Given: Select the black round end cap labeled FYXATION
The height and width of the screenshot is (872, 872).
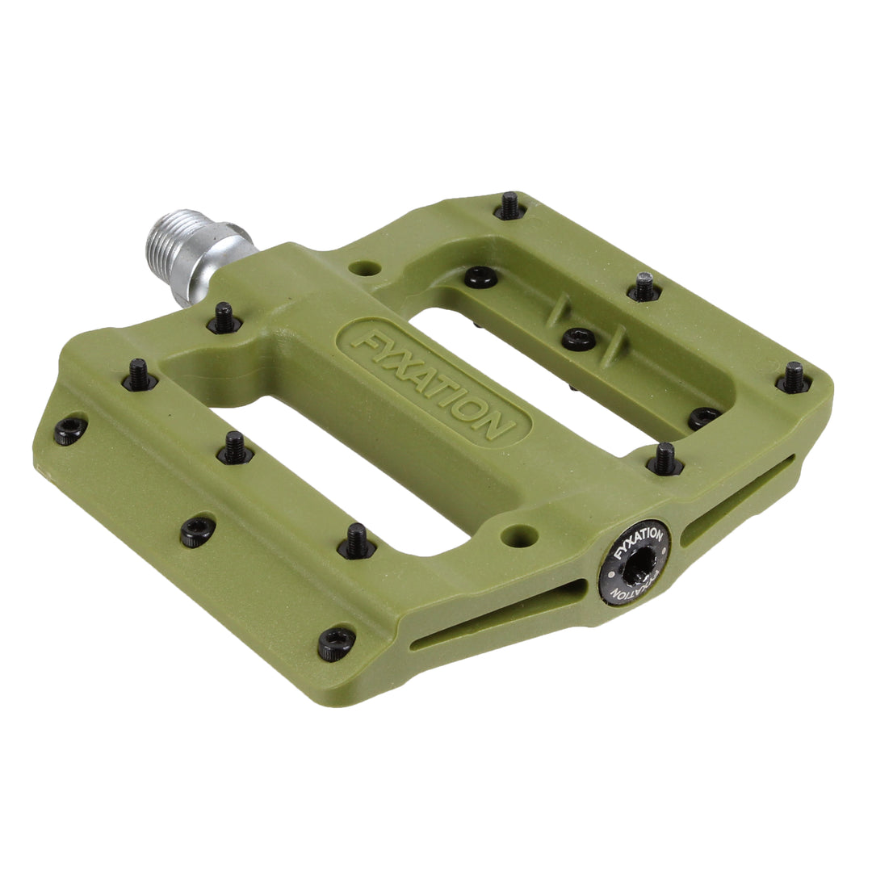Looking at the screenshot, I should click(x=635, y=565).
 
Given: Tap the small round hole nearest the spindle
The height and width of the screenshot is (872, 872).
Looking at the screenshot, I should click(x=366, y=268).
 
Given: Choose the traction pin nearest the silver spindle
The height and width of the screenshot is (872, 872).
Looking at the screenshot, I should click(x=224, y=318).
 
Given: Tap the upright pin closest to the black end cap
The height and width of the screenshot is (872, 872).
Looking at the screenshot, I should click(x=664, y=459).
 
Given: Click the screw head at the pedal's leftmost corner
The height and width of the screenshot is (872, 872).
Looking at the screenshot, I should click(x=70, y=430).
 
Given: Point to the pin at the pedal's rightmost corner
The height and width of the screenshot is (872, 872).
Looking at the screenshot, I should click(x=794, y=378).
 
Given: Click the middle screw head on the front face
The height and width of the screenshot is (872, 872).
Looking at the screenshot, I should click(x=198, y=531).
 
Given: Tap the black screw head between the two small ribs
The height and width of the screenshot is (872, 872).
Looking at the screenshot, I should click(x=579, y=338).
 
